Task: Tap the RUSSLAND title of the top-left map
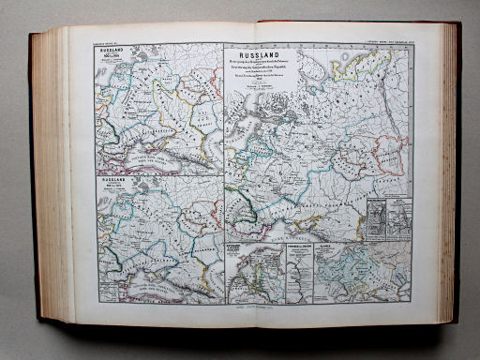point(111,53)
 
